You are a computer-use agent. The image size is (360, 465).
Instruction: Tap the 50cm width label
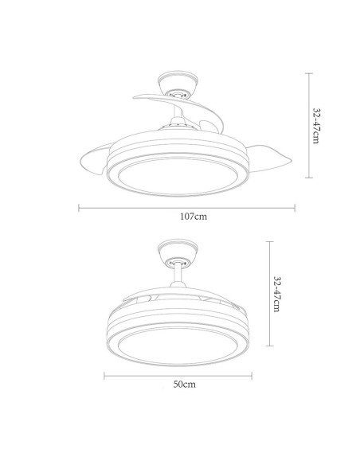pos(184,385)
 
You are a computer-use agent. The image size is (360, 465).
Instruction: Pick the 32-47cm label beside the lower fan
pos(276,295)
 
